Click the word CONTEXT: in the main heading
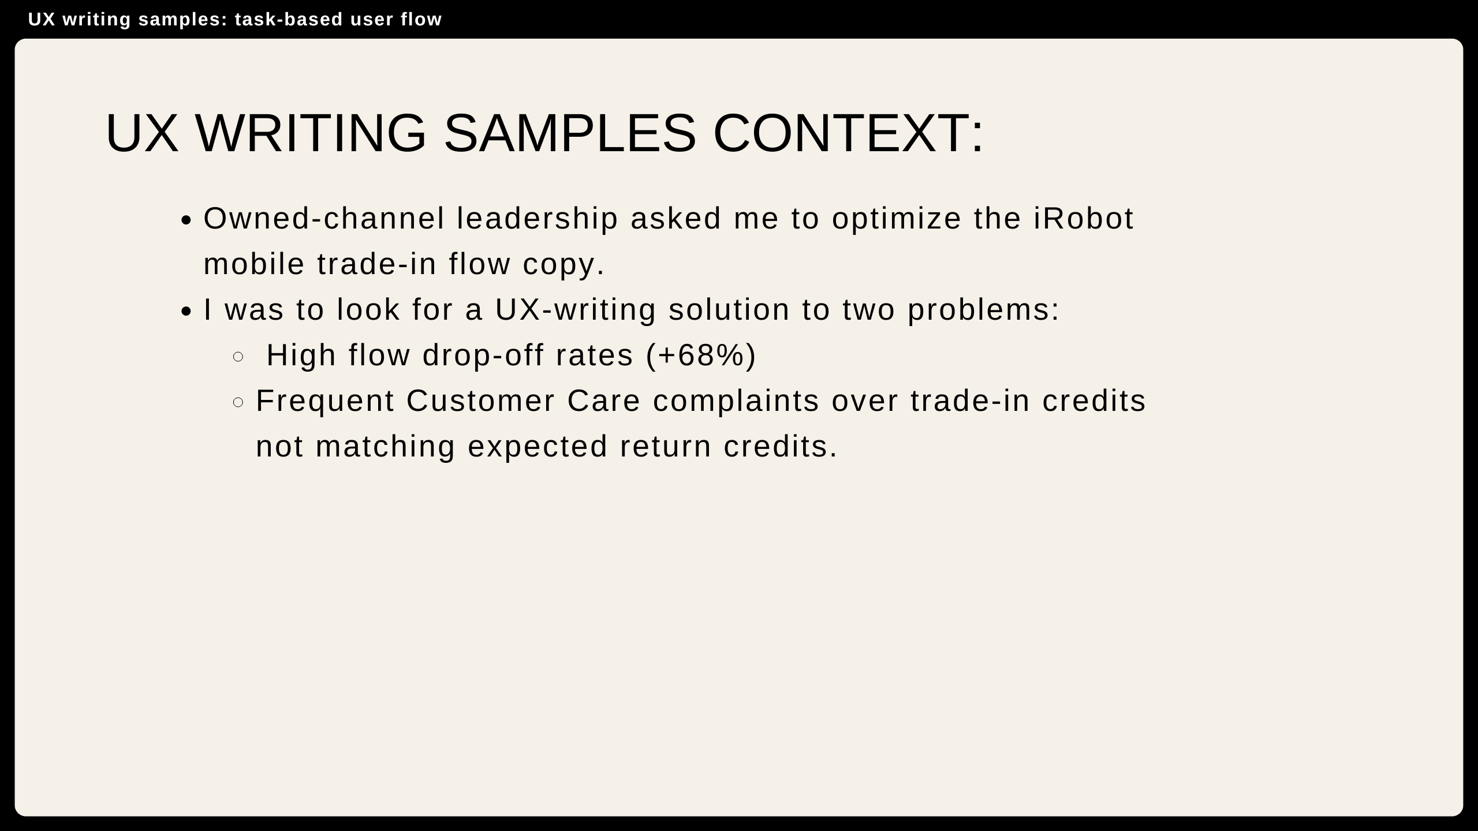click(x=849, y=133)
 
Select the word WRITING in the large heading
click(x=311, y=133)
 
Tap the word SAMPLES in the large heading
click(x=570, y=133)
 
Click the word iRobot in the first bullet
click(x=1084, y=219)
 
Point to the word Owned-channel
click(x=324, y=219)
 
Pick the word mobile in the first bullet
click(x=254, y=264)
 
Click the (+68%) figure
click(x=701, y=355)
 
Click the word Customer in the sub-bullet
click(x=480, y=401)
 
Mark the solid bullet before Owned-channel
click(x=185, y=220)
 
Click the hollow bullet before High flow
click(x=238, y=357)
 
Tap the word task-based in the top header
click(x=289, y=20)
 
